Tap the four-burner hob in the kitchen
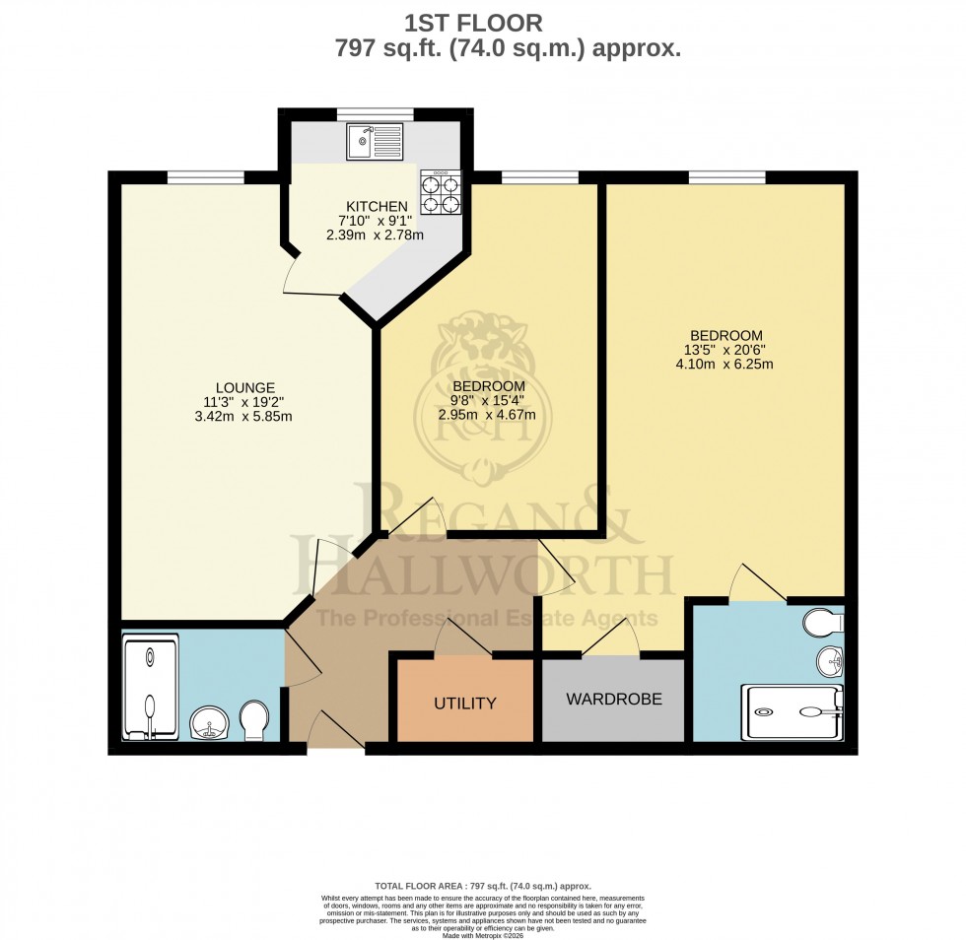click(x=441, y=192)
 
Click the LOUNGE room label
click(x=245, y=387)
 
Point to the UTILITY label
click(x=465, y=704)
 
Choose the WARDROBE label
click(x=613, y=700)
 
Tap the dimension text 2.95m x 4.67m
click(x=488, y=414)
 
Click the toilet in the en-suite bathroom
click(x=822, y=623)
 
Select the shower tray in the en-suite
click(x=795, y=712)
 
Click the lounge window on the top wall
click(x=205, y=177)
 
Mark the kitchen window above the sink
click(x=375, y=113)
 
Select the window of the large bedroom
click(x=727, y=177)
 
